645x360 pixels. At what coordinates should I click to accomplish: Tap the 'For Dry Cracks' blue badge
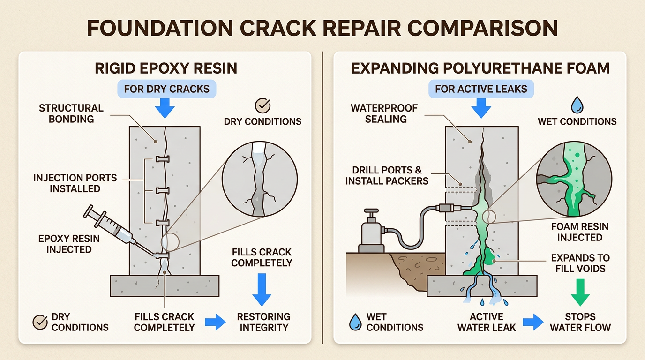[166, 89]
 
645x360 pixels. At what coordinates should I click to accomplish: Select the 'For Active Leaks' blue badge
[481, 89]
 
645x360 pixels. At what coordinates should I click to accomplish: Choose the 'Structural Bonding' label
[71, 113]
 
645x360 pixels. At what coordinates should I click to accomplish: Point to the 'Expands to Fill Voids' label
[580, 263]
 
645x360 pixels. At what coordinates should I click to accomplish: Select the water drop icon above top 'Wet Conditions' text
[577, 104]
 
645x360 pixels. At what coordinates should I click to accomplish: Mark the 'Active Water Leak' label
[487, 322]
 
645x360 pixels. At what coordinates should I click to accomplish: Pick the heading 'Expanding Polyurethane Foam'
[480, 68]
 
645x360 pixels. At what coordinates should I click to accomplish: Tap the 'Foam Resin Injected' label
[579, 232]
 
